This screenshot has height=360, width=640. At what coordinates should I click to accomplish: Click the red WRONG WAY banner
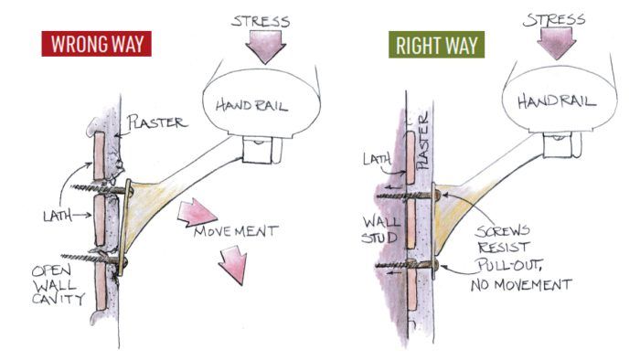click(95, 43)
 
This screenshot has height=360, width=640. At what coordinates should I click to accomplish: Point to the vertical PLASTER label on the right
click(422, 142)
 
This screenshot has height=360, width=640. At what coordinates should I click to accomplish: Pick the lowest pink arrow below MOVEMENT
click(233, 266)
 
